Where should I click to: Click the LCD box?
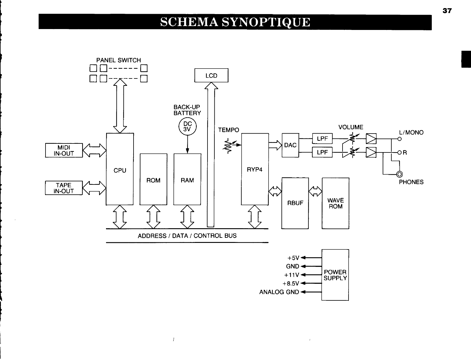tap(211, 75)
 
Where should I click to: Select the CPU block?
tap(120, 169)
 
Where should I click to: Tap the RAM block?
tap(187, 179)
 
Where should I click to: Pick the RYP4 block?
tap(255, 169)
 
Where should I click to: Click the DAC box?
tap(290, 145)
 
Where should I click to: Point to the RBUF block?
tap(295, 203)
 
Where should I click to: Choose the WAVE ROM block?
tap(335, 203)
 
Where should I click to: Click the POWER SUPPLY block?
tap(335, 275)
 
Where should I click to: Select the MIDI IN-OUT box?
tap(64, 150)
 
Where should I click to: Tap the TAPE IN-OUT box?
tap(64, 188)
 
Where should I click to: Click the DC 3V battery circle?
tap(187, 126)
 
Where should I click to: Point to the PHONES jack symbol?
tap(400, 175)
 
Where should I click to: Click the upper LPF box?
tap(322, 139)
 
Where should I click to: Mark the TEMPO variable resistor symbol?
tap(230, 146)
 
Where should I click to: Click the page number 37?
tap(447, 11)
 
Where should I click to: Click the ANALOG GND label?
tap(279, 292)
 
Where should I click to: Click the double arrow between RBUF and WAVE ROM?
tap(315, 191)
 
